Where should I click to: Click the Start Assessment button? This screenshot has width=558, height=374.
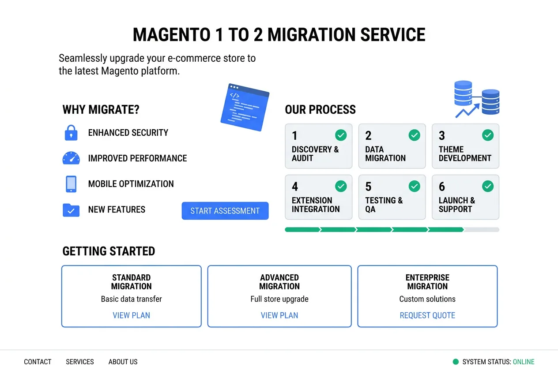pyautogui.click(x=225, y=211)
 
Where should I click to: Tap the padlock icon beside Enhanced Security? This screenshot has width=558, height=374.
pyautogui.click(x=71, y=133)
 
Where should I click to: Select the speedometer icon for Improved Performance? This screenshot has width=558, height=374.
pyautogui.click(x=71, y=158)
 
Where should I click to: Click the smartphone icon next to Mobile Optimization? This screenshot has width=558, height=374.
pyautogui.click(x=71, y=184)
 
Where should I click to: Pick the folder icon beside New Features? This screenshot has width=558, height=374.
pyautogui.click(x=71, y=210)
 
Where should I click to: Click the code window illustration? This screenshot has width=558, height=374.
pyautogui.click(x=245, y=107)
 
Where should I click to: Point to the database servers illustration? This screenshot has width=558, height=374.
pyautogui.click(x=477, y=99)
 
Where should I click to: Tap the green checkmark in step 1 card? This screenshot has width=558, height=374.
pyautogui.click(x=340, y=135)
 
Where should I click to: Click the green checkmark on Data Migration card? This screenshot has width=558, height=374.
pyautogui.click(x=414, y=135)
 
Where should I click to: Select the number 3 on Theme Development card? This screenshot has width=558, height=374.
pyautogui.click(x=441, y=136)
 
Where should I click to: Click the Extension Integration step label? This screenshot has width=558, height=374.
pyautogui.click(x=315, y=205)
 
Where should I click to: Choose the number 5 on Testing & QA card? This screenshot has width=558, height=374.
pyautogui.click(x=368, y=187)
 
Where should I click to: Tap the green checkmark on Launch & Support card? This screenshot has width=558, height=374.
pyautogui.click(x=487, y=186)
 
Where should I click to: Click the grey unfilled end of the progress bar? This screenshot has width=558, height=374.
pyautogui.click(x=482, y=230)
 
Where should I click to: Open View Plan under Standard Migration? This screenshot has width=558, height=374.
pyautogui.click(x=131, y=315)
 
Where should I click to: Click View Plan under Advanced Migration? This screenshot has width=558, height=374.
pyautogui.click(x=279, y=315)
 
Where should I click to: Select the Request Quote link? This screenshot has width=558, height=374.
pyautogui.click(x=427, y=315)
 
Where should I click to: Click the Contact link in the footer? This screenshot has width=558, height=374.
pyautogui.click(x=38, y=362)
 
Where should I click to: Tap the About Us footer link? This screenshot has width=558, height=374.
pyautogui.click(x=123, y=362)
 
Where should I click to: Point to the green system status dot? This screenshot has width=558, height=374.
pyautogui.click(x=456, y=362)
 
